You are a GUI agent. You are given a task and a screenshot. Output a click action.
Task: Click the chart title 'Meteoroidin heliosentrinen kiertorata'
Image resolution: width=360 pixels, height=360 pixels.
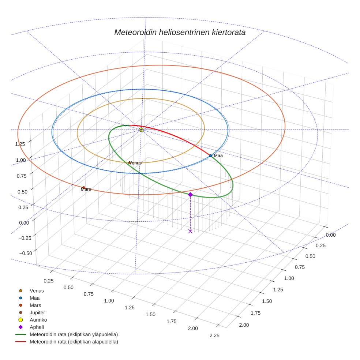coord(180,32)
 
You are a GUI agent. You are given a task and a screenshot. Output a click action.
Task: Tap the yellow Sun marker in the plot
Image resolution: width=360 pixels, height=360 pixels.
coord(141,130)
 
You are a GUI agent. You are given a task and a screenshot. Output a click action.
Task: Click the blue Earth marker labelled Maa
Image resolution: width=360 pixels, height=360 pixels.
coord(210,156)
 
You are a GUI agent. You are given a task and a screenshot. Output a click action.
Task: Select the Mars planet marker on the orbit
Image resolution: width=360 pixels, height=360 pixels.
coord(84,188)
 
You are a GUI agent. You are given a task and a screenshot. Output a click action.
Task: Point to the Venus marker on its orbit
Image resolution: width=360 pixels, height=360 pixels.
coord(130,163)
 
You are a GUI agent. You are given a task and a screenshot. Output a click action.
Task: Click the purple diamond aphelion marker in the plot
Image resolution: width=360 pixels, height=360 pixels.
coord(190,195)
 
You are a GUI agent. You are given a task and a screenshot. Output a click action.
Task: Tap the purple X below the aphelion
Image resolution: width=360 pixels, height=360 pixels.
coord(190,231)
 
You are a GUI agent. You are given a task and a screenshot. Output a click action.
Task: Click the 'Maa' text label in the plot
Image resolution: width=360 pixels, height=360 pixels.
coord(218,156)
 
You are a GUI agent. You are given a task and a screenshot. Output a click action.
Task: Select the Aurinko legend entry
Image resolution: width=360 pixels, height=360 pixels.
coord(38,320)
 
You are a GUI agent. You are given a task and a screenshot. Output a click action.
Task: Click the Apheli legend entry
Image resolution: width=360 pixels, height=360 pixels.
coord(37,327)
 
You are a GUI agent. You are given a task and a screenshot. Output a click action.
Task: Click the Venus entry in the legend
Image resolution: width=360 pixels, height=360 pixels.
coord(37,291)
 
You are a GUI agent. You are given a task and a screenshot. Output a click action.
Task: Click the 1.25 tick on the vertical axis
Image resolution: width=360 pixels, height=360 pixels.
coord(20,144)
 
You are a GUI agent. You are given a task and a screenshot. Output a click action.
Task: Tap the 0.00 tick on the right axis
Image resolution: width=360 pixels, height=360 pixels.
coord(330,235)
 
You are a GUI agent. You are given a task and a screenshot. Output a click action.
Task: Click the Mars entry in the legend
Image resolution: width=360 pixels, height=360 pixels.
coord(35,305)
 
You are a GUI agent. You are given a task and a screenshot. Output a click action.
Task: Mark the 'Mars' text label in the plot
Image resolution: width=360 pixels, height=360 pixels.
coord(86,190)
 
